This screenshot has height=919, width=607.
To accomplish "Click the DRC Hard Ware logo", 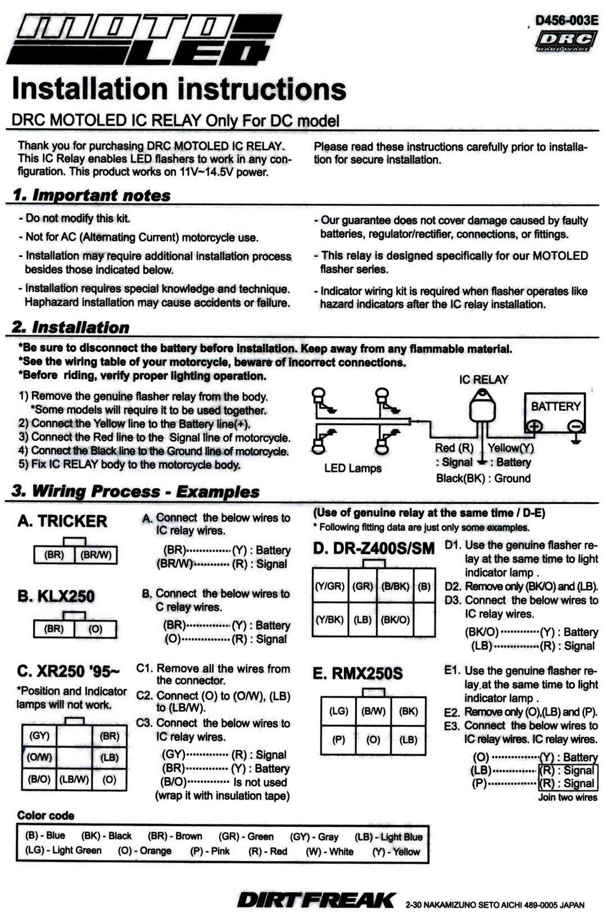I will [x=566, y=41].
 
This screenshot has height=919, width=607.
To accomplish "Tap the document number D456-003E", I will [x=567, y=20].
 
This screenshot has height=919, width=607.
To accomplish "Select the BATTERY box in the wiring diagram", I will [x=555, y=413].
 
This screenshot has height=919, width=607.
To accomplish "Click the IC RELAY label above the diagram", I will [x=483, y=380].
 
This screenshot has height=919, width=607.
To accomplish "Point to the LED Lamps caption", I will [x=352, y=468].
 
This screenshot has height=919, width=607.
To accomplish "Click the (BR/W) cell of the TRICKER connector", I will [x=96, y=555].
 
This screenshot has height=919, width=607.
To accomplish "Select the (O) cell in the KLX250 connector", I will [x=96, y=629].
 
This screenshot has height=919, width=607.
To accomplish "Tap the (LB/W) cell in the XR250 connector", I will [x=74, y=780].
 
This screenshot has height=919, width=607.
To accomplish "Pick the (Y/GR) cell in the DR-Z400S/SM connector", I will [x=330, y=586].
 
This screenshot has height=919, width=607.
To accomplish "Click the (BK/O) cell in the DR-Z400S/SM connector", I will [x=395, y=620].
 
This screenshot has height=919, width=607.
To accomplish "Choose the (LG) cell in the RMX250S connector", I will [x=338, y=711].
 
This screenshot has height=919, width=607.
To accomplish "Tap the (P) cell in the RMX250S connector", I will [x=338, y=740].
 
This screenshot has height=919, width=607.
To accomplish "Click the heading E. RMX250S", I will [x=357, y=674].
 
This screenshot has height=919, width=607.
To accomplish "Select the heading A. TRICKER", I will [x=62, y=521].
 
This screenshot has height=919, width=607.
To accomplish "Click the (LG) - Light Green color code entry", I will [x=64, y=850].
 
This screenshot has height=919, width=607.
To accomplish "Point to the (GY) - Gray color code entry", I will [x=314, y=837].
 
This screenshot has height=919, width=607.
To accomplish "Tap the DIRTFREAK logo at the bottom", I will [x=316, y=900].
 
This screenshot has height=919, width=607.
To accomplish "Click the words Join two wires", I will [x=567, y=798].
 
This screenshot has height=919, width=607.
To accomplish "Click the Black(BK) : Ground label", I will [x=483, y=479].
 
